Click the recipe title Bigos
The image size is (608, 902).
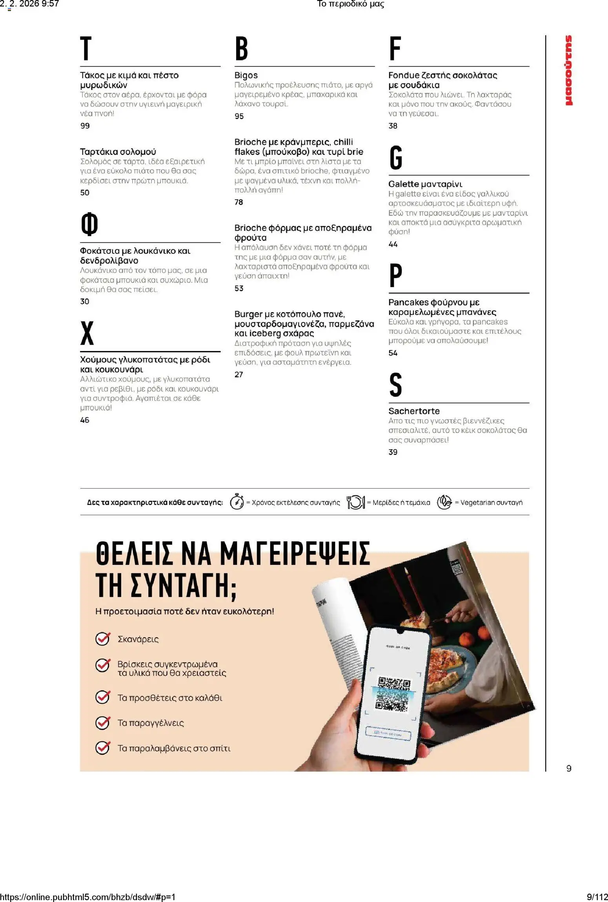[x=246, y=75]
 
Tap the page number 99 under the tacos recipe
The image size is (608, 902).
[x=85, y=126]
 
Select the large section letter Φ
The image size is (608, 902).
[x=89, y=224]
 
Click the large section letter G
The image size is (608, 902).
[x=396, y=157]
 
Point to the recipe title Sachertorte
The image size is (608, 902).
[x=414, y=411]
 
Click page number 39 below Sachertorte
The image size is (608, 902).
[x=393, y=452]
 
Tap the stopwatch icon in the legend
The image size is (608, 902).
[x=237, y=502]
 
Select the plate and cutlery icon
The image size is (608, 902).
[x=356, y=502]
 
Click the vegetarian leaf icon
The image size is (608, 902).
[x=444, y=502]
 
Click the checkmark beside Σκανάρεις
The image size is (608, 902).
[x=103, y=639]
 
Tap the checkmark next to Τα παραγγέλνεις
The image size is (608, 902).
[x=103, y=722]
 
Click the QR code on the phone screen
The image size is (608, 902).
[x=392, y=693]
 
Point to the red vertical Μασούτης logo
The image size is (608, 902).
[x=568, y=71]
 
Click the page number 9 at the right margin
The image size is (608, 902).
[x=569, y=768]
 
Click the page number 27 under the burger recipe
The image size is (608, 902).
[x=238, y=375]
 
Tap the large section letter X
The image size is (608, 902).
[x=87, y=333]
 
